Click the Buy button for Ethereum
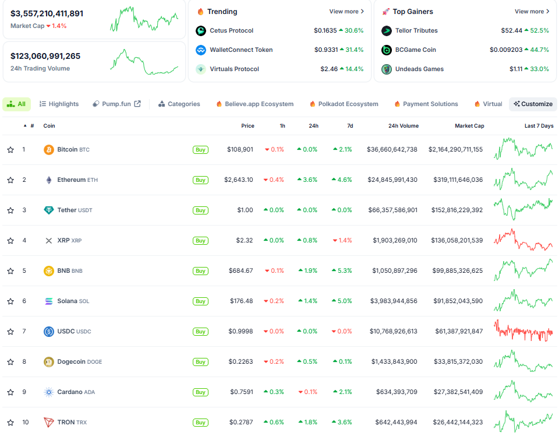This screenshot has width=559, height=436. (x=200, y=180)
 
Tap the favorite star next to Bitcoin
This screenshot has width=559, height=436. (x=10, y=150)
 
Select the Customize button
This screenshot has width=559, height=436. (x=533, y=104)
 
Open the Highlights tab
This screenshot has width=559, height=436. (x=59, y=104)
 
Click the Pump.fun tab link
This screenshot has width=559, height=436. (x=116, y=104)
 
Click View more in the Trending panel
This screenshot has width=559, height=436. (x=346, y=12)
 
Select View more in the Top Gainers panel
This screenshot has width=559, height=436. (x=532, y=12)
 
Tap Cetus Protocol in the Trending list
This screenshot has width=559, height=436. (x=231, y=31)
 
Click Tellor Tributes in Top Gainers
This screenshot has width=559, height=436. (x=416, y=31)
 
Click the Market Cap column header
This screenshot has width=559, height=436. (x=469, y=126)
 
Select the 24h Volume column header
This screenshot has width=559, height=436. (x=403, y=126)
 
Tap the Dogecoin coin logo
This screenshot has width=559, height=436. (x=49, y=362)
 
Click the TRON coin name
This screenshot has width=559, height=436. (x=65, y=423)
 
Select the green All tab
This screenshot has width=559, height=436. (x=16, y=104)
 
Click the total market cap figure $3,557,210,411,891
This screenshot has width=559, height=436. (x=47, y=13)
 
